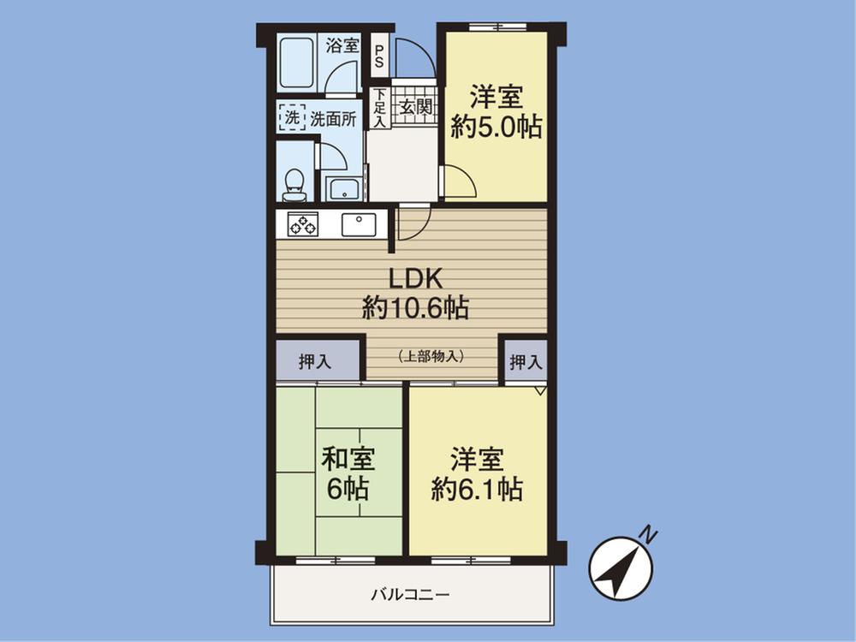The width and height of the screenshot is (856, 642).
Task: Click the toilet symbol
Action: [x=294, y=182]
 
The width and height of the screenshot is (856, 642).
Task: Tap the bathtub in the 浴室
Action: [x=297, y=62]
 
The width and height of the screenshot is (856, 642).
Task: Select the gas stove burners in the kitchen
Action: [x=302, y=224]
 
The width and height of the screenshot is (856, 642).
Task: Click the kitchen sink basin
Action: [x=359, y=224]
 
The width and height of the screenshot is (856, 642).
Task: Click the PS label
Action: [x=378, y=55]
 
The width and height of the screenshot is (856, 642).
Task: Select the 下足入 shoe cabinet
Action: [x=378, y=108]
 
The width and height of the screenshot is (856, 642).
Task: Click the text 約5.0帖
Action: [x=496, y=128]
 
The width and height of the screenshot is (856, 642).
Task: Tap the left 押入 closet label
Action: [x=315, y=362]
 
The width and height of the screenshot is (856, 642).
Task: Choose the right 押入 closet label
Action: [x=526, y=362]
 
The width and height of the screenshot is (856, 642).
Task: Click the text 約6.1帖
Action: [x=477, y=489]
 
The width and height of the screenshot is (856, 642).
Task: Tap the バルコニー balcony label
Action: [x=410, y=594]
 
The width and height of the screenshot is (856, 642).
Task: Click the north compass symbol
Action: [x=621, y=568]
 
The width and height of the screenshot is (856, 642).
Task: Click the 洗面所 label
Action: [x=333, y=118]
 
